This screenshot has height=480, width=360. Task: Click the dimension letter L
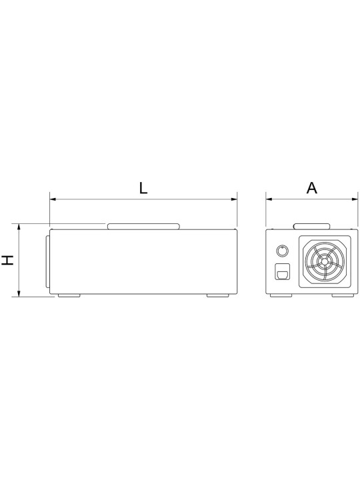143,188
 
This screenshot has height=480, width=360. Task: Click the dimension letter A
312,188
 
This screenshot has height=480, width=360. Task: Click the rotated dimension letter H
8,260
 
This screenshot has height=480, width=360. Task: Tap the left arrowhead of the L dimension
53,199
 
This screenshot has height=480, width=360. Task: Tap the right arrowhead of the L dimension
234,199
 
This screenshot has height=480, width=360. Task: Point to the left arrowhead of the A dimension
269,199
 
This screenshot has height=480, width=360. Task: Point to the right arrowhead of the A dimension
355,199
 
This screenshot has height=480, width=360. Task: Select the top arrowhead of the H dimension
19,227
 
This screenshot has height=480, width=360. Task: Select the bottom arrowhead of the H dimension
19,293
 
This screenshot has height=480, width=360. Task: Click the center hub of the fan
324,261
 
